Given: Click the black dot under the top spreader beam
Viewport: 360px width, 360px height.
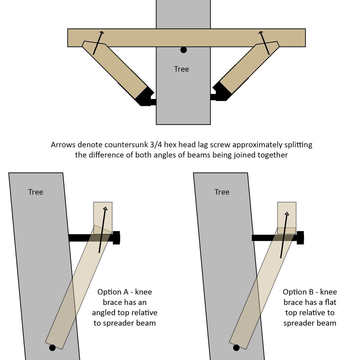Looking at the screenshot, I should (x=184, y=50).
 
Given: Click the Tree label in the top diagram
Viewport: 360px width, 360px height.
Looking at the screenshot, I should (x=181, y=69).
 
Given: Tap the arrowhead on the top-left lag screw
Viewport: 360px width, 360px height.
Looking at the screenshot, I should (x=102, y=33).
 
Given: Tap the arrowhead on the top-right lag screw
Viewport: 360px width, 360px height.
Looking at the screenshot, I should (x=261, y=33).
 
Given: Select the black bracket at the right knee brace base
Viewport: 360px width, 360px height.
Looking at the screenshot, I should (x=220, y=93).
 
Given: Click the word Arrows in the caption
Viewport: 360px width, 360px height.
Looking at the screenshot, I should (x=63, y=145).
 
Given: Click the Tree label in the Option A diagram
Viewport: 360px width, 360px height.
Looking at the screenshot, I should (x=36, y=192).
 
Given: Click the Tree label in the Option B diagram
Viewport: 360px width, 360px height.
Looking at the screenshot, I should (x=222, y=192).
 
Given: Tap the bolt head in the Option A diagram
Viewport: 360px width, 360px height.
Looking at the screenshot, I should (x=116, y=238).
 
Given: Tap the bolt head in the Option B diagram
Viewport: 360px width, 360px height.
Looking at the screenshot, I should (x=300, y=238).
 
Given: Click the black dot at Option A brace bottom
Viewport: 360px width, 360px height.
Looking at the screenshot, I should (x=52, y=348).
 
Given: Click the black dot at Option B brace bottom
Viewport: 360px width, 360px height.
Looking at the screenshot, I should (x=236, y=348).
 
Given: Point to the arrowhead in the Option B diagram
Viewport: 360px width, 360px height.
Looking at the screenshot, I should (x=287, y=214).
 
